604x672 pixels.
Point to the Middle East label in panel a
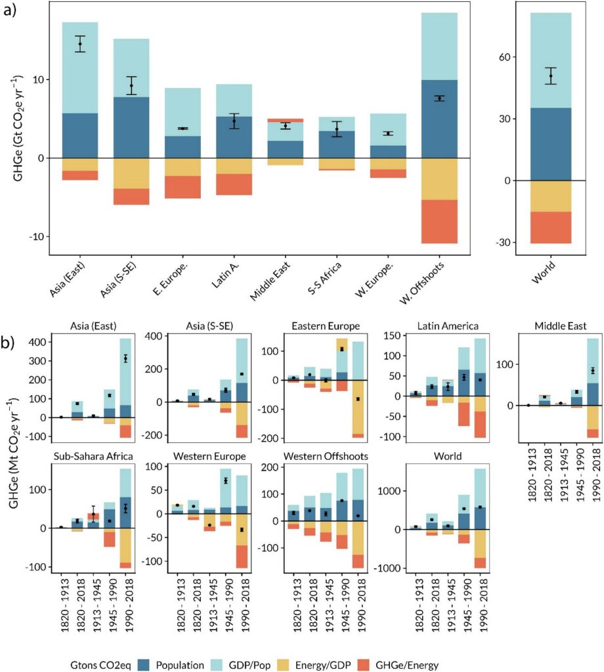272,278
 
